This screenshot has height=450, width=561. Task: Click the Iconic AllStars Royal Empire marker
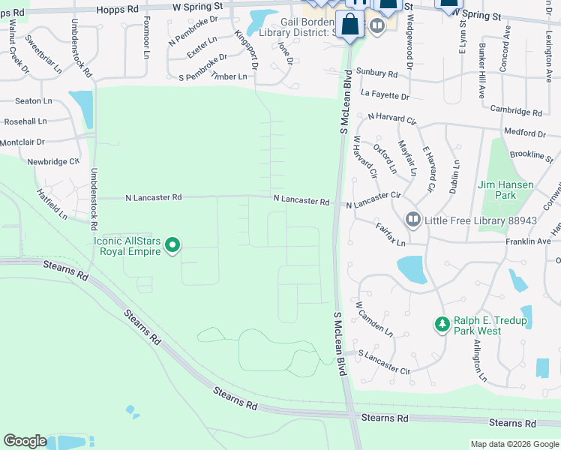pyautogui.click(x=172, y=244)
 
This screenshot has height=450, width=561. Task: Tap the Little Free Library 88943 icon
pyautogui.click(x=412, y=220)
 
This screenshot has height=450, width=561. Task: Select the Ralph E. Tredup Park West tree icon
pyautogui.click(x=442, y=325)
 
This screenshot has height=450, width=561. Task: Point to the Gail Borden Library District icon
pyautogui.click(x=376, y=25)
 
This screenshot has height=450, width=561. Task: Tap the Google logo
pyautogui.click(x=25, y=441)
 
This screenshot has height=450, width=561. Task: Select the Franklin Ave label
pyautogui.click(x=527, y=241)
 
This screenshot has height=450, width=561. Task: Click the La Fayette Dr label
pyautogui.click(x=385, y=96)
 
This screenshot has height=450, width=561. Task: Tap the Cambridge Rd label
pyautogui.click(x=516, y=109)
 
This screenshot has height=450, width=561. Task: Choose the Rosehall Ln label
pyautogui.click(x=25, y=121)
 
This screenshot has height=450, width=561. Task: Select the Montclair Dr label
pyautogui.click(x=22, y=142)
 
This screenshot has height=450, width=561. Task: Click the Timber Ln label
pyautogui.click(x=229, y=76)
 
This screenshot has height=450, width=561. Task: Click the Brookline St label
pyautogui.click(x=530, y=154)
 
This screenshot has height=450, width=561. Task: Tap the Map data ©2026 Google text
pyautogui.click(x=513, y=444)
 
